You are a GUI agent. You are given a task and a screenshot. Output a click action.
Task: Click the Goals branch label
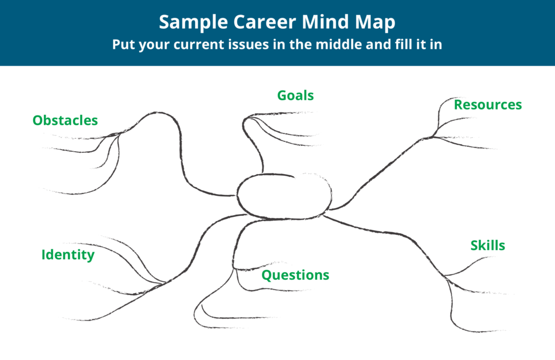[x=295, y=95]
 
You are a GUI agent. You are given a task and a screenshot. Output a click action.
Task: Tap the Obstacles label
[x=65, y=120]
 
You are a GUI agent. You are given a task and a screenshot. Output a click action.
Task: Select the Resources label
[x=488, y=105]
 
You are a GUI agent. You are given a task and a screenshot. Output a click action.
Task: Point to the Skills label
[x=488, y=246]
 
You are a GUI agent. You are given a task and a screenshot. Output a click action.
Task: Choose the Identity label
[x=68, y=255]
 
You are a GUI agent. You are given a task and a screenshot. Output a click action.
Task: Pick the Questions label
[x=295, y=275]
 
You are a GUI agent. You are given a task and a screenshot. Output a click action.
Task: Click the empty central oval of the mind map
[x=283, y=196]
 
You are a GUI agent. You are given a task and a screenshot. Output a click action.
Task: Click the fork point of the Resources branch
[x=434, y=136]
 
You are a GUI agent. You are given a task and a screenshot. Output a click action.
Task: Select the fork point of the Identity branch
[x=164, y=283]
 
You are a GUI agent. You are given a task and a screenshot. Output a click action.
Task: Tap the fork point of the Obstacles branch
[x=118, y=134]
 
